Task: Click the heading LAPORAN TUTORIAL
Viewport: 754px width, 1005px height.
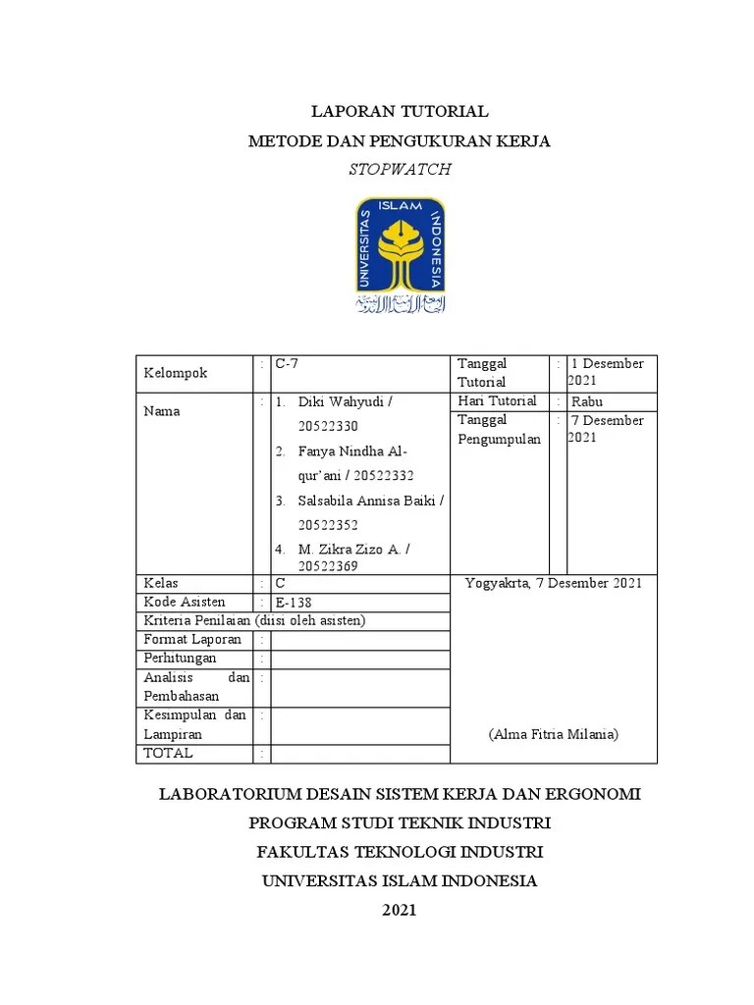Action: pos(399,112)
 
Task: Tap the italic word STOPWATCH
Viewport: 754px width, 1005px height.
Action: pos(399,169)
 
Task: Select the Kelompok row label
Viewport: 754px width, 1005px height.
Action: pos(177,374)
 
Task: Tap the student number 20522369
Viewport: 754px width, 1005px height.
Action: pos(329,566)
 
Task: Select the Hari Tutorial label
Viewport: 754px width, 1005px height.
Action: pos(497,401)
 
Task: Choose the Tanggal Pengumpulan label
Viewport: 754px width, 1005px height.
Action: pos(499,430)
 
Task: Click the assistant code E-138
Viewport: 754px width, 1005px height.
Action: pos(295,602)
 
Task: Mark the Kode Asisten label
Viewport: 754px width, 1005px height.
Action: pos(185,602)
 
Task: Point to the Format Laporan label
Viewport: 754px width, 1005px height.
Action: pos(192,640)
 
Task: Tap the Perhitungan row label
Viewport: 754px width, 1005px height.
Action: pos(180,659)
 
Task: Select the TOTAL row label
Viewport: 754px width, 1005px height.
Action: pos(168,754)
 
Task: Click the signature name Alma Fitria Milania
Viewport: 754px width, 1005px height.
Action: pos(553,734)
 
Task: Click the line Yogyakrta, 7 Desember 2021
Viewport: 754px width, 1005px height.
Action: pos(553,583)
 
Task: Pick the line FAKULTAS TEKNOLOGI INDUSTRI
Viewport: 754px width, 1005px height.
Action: pos(399,851)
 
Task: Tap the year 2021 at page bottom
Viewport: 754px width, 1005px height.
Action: pos(399,910)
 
